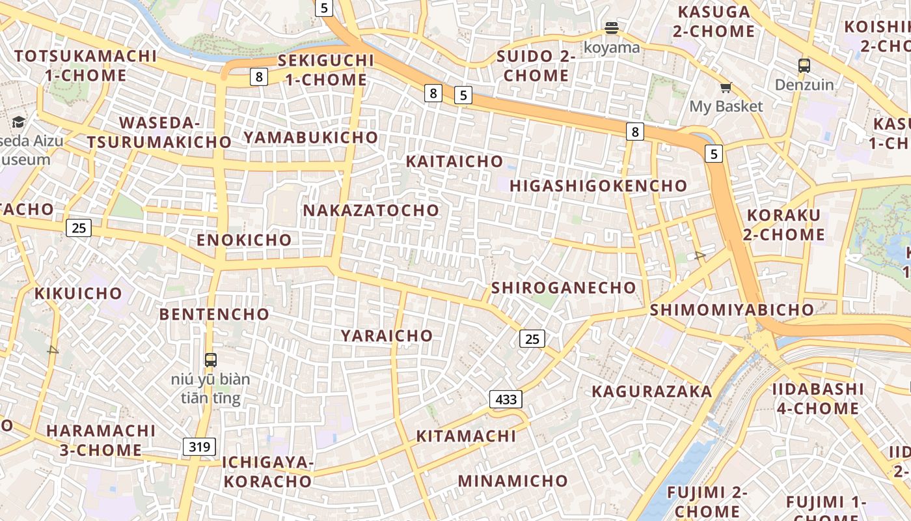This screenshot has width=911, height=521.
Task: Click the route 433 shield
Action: pyautogui.click(x=506, y=399)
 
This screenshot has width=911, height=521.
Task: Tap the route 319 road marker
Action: pyautogui.click(x=199, y=447)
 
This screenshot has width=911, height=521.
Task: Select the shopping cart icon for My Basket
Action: pyautogui.click(x=726, y=88)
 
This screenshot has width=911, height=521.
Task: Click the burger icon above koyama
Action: pyautogui.click(x=611, y=28)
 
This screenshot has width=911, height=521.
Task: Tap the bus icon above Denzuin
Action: pyautogui.click(x=804, y=66)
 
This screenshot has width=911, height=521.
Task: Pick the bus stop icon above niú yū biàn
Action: pyautogui.click(x=210, y=359)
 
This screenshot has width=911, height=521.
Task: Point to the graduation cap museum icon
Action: pyautogui.click(x=19, y=122)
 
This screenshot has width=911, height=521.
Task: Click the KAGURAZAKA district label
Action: pyautogui.click(x=651, y=391)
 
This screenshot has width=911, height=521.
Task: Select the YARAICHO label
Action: pyautogui.click(x=387, y=336)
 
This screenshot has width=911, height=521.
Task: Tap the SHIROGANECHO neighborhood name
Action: pyautogui.click(x=564, y=288)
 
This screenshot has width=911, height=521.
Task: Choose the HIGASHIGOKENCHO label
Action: pyautogui.click(x=598, y=186)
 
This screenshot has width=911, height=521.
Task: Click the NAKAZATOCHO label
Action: pyautogui.click(x=371, y=210)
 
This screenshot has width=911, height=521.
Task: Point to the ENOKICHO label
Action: pyautogui.click(x=244, y=240)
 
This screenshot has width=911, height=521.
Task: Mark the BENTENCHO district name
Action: pyautogui.click(x=214, y=315)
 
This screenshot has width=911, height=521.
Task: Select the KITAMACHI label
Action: pyautogui.click(x=466, y=436)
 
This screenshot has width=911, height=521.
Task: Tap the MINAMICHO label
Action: pyautogui.click(x=513, y=481)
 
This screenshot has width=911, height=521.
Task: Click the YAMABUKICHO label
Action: pyautogui.click(x=310, y=137)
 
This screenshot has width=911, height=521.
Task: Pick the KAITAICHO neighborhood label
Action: pyautogui.click(x=454, y=162)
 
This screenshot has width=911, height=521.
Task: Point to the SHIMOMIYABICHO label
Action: pyautogui.click(x=731, y=310)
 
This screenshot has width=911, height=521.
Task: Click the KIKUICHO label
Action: pyautogui.click(x=78, y=294)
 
